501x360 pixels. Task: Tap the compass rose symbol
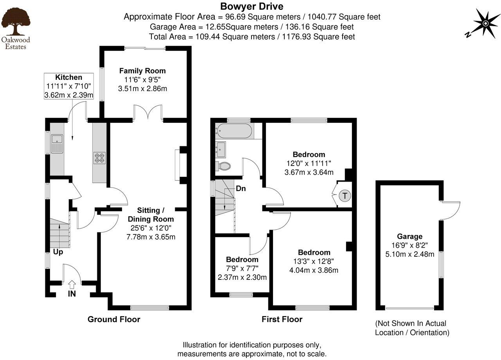coord(485,23)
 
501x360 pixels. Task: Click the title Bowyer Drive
coord(251,6)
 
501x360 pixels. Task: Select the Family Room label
coord(142,71)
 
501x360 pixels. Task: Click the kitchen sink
coord(57,142)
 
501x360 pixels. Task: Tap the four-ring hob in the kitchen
coord(99,158)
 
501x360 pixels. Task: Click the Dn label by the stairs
coord(241,188)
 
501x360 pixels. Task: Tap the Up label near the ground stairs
coord(58,252)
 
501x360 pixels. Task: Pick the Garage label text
coord(409,236)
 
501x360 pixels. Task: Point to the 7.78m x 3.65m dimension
coord(151,237)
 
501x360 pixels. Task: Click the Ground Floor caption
coord(114,319)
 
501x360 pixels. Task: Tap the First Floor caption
coord(282,319)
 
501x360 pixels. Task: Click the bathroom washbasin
coord(221,148)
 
